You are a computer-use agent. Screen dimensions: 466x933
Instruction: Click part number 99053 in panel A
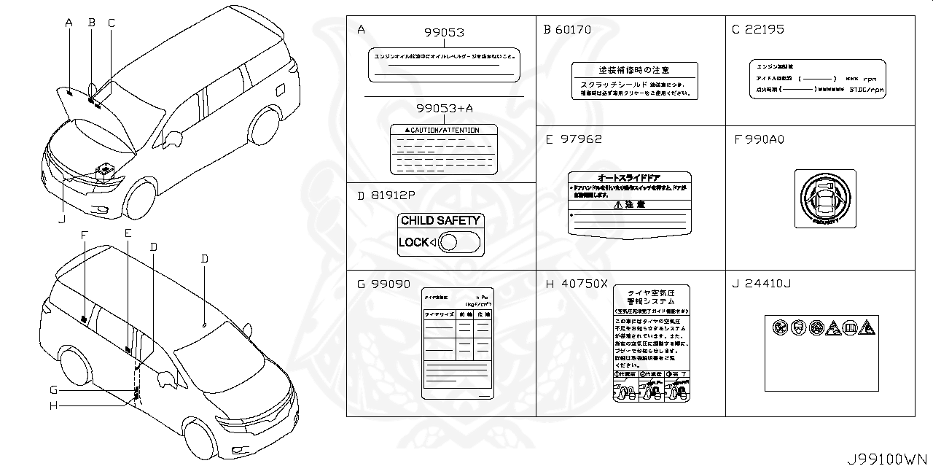pos(444,34)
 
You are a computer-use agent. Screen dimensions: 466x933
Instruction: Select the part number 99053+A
pos(444,108)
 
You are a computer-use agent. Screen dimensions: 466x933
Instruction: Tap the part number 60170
pos(574,30)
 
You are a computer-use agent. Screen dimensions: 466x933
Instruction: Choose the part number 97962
pos(581,139)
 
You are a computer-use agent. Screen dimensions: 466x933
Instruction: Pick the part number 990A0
pos(765,139)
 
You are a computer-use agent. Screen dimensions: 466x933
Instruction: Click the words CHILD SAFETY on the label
pos(440,220)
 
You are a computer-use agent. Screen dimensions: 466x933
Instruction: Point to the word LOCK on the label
pos(413,242)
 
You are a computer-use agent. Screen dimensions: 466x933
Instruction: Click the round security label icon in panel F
pos(825,198)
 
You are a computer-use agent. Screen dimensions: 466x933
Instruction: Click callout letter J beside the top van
pos(62,218)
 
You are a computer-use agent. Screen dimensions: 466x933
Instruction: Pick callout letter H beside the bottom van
pos(53,405)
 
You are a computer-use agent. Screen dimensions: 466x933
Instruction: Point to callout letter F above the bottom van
pos(85,235)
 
